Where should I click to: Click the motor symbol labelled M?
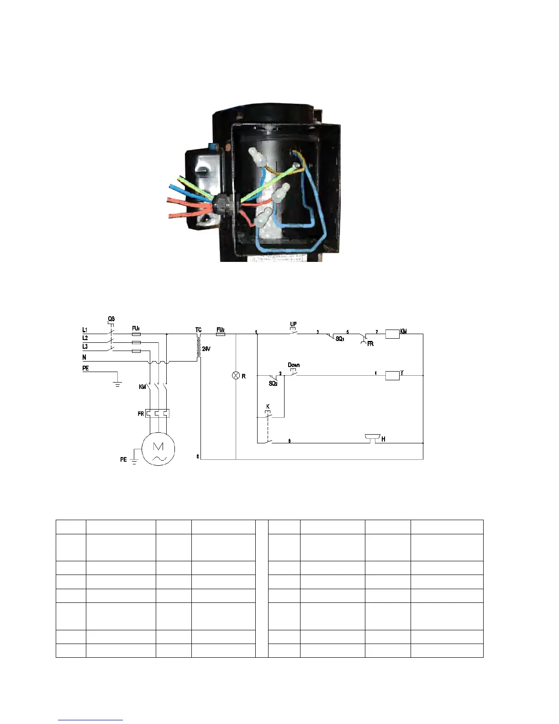[158, 448]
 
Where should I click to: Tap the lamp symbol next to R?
[236, 376]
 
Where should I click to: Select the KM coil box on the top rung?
[392, 334]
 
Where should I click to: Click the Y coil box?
[392, 376]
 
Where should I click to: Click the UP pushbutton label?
[293, 325]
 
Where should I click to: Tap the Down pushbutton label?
[294, 365]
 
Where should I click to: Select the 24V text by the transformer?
[206, 349]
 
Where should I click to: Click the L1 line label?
[85, 330]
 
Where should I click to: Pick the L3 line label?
[85, 346]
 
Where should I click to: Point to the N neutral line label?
[84, 357]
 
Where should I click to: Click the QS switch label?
[111, 319]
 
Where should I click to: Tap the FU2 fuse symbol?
[220, 334]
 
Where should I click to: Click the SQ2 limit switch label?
[273, 383]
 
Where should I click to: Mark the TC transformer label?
[198, 329]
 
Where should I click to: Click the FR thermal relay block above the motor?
[157, 413]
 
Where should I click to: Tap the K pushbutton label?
[268, 406]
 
